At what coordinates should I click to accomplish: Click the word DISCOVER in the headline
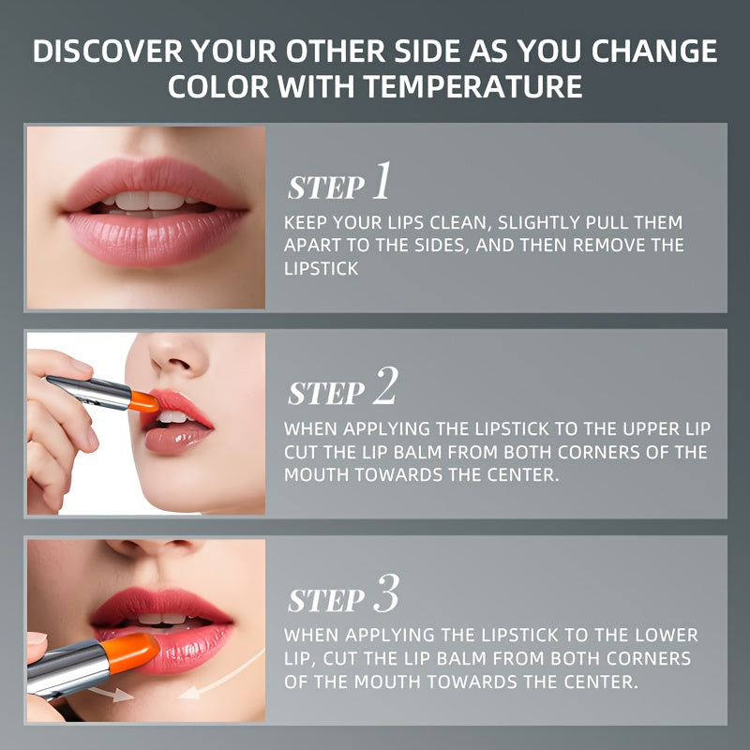(x=108, y=52)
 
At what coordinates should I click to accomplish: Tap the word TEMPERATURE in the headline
(x=472, y=86)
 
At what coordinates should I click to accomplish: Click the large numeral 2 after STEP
(x=385, y=385)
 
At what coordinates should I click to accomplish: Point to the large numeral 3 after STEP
(x=386, y=593)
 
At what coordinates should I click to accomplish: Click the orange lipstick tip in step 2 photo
(x=143, y=402)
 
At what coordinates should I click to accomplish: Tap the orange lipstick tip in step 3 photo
(x=130, y=653)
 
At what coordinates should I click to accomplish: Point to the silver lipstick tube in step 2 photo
(x=89, y=392)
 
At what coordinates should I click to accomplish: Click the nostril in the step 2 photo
(x=179, y=365)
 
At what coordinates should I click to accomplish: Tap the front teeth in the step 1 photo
(x=149, y=201)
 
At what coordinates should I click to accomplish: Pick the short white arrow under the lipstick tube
(x=111, y=695)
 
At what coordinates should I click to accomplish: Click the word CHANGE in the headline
(x=654, y=52)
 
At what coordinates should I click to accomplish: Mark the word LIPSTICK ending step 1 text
(x=321, y=269)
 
